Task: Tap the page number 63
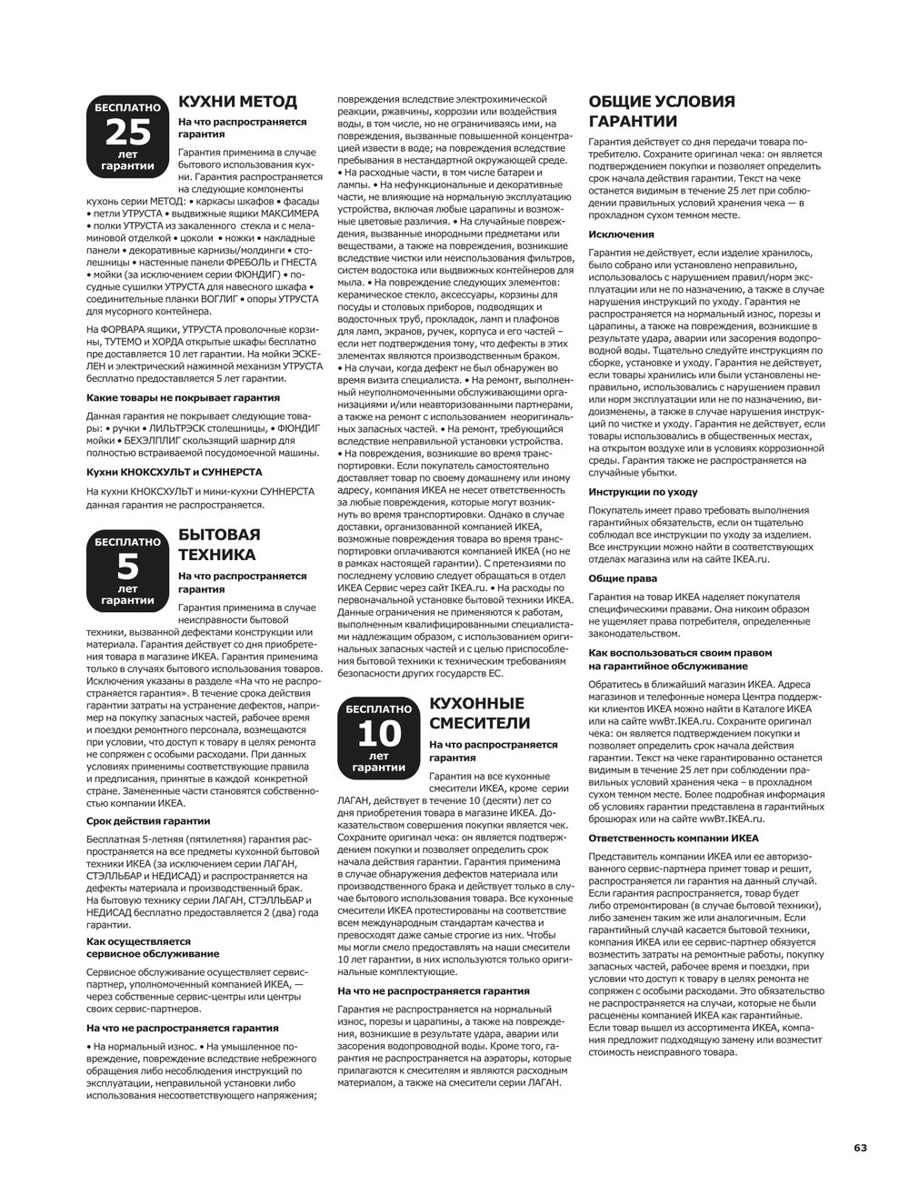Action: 860,1148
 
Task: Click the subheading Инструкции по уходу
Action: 643,491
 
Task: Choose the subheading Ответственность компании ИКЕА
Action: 674,838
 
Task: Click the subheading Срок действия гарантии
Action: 148,820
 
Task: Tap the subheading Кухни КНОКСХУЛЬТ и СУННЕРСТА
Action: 174,472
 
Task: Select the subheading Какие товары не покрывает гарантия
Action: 183,397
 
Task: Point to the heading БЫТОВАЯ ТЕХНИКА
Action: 219,545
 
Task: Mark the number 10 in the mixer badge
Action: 378,733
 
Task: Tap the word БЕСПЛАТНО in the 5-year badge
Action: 128,542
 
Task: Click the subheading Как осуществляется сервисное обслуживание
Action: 153,947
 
